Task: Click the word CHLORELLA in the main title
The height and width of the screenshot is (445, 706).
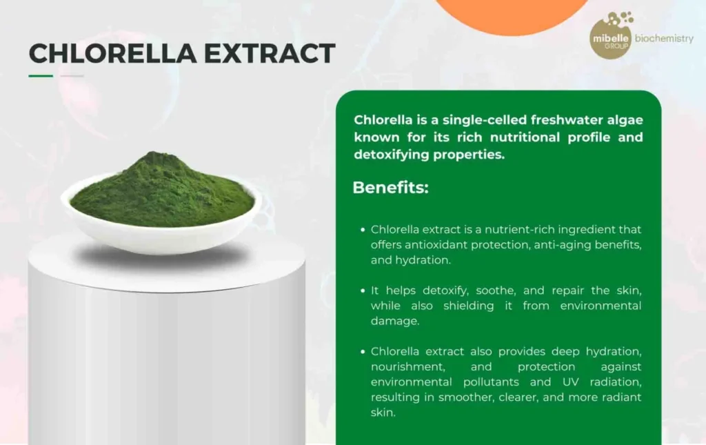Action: [x=113, y=53]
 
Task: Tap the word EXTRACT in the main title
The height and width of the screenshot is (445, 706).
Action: [x=270, y=53]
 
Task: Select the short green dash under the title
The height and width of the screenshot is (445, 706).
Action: [x=41, y=76]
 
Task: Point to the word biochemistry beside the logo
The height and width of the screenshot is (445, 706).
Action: [x=664, y=39]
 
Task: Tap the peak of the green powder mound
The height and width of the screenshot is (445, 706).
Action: [x=153, y=154]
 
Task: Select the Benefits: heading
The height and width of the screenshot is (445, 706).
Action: [x=390, y=188]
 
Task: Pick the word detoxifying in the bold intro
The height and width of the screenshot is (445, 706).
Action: [x=392, y=155]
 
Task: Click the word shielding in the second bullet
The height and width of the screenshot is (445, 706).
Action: [x=468, y=306]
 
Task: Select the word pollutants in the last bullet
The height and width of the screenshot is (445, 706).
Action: [x=491, y=382]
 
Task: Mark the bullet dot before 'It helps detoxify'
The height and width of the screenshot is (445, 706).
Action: [x=363, y=291]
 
